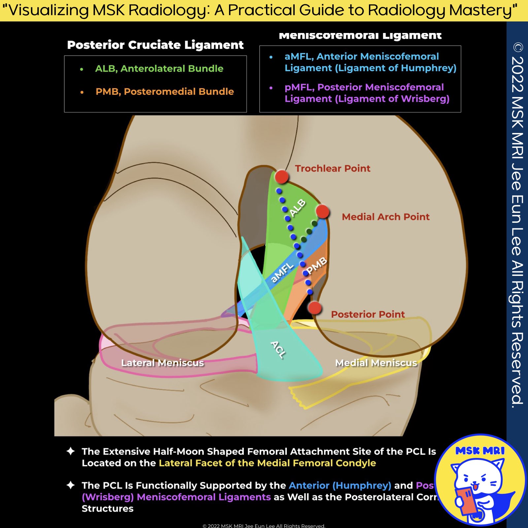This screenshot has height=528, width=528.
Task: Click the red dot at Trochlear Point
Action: (281, 177)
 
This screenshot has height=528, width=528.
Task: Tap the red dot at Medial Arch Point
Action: (322, 211)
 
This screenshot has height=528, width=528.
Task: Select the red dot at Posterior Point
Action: (314, 308)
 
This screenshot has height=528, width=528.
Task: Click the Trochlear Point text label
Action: (332, 168)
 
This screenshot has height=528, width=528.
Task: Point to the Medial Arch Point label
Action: (385, 217)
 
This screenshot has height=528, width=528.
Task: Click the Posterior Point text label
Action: (368, 314)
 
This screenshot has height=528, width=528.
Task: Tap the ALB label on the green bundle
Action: (297, 208)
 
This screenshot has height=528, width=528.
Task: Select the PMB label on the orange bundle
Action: (316, 266)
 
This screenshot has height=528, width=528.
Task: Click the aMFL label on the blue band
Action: (282, 273)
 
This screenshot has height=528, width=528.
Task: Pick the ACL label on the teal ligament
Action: (278, 350)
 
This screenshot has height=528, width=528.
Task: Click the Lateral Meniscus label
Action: (162, 363)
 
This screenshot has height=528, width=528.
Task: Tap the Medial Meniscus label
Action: (376, 363)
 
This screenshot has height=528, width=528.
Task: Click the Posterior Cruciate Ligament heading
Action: (155, 45)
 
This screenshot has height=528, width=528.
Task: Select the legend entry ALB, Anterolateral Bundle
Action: (159, 69)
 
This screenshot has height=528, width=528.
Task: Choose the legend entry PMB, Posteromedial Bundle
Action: (164, 91)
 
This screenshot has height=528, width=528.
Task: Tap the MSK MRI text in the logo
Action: (480, 451)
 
